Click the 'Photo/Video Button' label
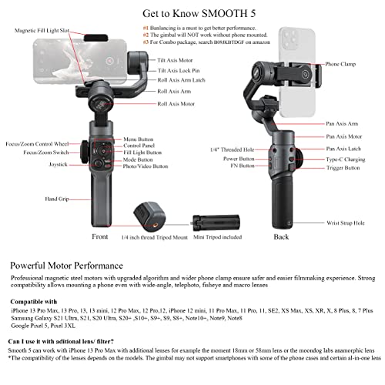coord(146,166)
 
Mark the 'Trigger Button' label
coord(343,167)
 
